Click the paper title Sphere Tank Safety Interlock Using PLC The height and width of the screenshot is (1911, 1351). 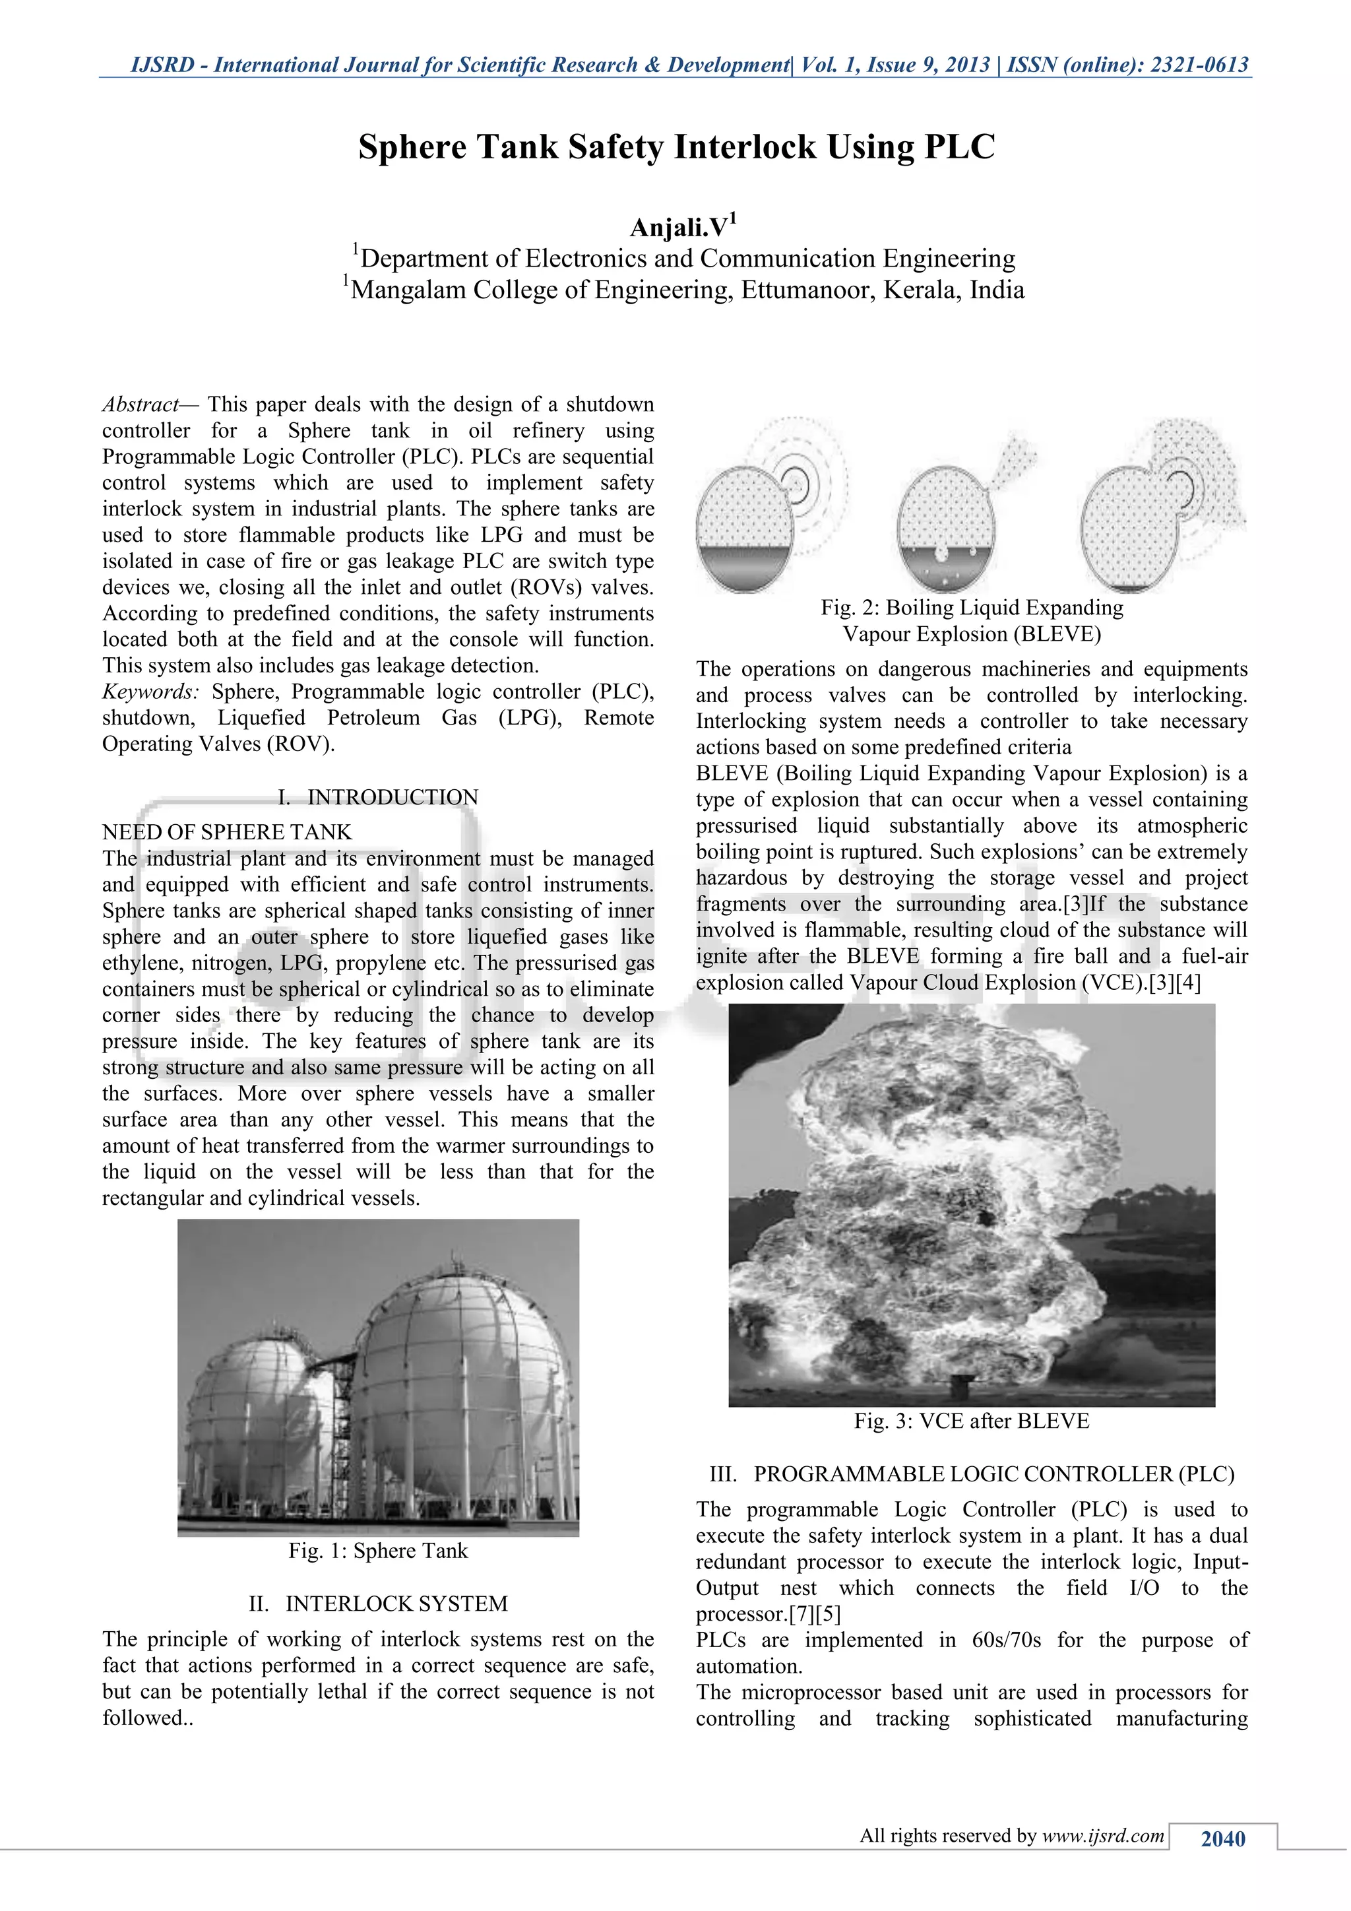(x=675, y=147)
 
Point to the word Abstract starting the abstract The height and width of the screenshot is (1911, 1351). (x=140, y=405)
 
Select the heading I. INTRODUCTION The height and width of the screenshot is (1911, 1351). (x=378, y=796)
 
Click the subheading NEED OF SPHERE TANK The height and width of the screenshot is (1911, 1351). (x=226, y=831)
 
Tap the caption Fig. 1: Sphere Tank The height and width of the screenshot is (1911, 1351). (x=378, y=1551)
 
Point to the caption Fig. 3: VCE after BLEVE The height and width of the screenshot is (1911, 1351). (x=971, y=1421)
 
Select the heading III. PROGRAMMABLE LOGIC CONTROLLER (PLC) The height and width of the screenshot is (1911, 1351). (x=971, y=1474)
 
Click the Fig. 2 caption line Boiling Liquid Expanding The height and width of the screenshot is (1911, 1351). (x=971, y=608)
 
